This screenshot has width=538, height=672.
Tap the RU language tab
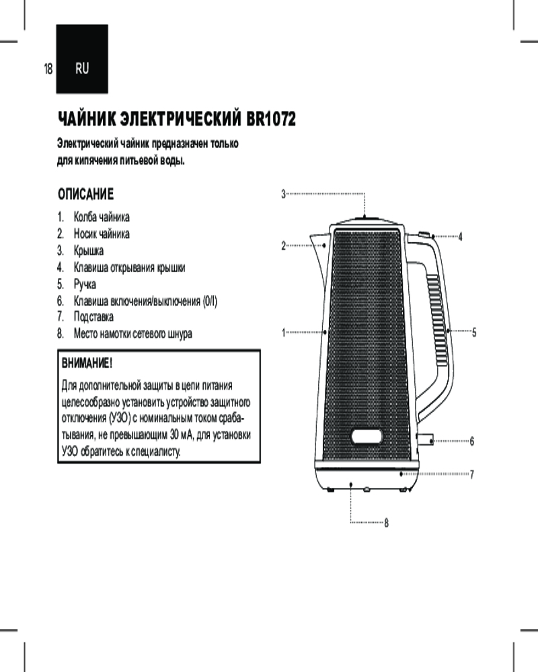click(x=81, y=69)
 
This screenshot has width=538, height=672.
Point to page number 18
click(x=48, y=69)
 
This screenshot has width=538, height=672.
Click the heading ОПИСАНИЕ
click(x=85, y=195)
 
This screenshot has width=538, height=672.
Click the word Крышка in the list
click(x=89, y=251)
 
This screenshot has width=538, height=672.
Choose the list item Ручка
click(x=85, y=284)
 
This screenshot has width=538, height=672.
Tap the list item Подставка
click(x=93, y=317)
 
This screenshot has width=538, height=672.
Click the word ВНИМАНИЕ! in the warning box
click(x=87, y=364)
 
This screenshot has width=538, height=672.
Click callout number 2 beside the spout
click(x=283, y=246)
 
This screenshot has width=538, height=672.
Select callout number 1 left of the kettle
click(x=283, y=332)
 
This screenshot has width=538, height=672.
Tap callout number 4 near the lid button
click(x=460, y=237)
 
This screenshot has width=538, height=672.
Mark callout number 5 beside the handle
click(x=474, y=332)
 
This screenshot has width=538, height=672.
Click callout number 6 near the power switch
click(x=472, y=442)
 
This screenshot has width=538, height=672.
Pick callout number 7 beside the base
click(x=472, y=474)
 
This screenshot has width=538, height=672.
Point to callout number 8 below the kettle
click(x=387, y=523)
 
